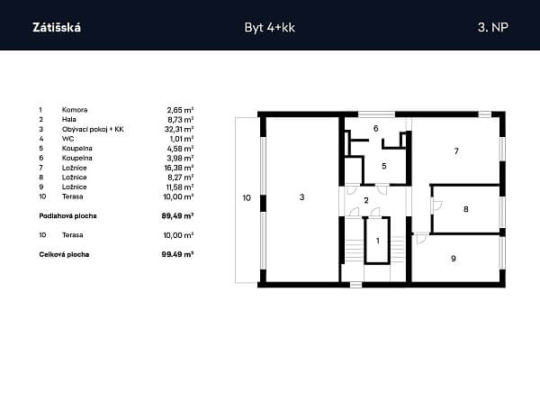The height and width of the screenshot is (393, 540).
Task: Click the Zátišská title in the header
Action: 57,27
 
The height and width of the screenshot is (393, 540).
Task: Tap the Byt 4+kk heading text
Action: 270,28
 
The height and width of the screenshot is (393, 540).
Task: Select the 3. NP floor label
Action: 493,27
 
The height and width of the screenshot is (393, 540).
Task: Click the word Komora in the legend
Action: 75,110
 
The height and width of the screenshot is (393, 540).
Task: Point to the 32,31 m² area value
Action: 179,129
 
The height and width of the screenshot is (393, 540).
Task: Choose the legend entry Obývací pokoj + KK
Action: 93,130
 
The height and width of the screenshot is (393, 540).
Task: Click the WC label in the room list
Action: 67,139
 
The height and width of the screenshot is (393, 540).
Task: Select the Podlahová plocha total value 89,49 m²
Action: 177,216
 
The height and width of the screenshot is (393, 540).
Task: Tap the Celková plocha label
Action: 64,255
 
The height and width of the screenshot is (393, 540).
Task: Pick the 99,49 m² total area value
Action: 177,255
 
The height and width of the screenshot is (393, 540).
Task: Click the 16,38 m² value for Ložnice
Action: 179,168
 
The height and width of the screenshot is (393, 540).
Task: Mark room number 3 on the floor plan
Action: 302,197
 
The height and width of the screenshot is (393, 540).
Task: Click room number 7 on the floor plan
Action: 456,151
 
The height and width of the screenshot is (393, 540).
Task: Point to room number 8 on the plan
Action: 466,209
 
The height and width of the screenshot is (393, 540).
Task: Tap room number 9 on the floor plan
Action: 454,259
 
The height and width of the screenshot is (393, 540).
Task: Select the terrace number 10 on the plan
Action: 247,197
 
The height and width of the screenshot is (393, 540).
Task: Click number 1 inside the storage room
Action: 378,241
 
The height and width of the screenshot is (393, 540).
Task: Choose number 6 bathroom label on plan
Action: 375,128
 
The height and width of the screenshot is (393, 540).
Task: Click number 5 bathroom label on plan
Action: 384,166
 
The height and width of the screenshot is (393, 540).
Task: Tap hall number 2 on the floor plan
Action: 366,200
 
